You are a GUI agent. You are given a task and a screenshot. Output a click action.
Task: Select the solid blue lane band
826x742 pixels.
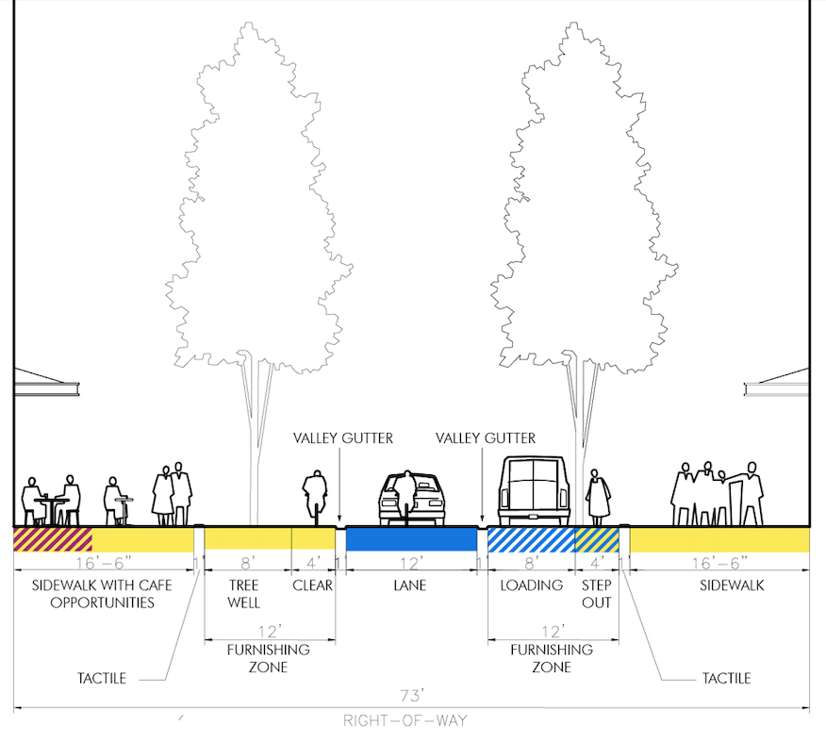point(411,539)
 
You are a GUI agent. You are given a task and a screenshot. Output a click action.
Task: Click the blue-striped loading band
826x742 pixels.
point(531,539)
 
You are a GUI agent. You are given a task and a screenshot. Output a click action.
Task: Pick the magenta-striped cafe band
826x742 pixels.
point(52,539)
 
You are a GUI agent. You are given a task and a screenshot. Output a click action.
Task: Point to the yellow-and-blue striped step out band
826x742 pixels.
point(597,539)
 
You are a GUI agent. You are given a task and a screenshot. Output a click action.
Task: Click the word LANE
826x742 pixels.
point(411,585)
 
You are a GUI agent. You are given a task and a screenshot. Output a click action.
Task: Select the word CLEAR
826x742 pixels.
point(313,585)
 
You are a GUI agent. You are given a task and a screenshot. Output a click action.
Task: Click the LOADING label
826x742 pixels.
point(531,585)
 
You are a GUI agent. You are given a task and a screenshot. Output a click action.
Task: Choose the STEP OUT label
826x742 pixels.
point(597,593)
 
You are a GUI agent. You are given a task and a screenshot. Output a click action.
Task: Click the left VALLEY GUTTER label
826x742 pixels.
point(342,438)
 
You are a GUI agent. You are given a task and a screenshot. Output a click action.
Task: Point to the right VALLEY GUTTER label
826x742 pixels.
point(487,438)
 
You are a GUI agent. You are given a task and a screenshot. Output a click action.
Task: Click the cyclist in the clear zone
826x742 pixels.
point(313,496)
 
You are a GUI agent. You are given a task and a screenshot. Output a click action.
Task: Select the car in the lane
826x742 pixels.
point(411,498)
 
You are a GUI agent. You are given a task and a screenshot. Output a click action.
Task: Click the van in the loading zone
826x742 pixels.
point(534,490)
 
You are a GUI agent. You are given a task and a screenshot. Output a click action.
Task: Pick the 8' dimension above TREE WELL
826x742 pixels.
point(247,564)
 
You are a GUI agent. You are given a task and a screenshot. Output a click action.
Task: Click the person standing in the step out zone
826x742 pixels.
point(597,497)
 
